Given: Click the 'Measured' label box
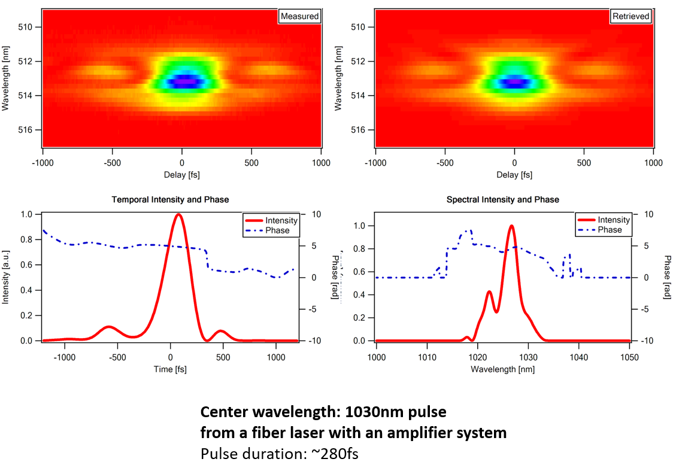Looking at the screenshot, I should click(x=299, y=16).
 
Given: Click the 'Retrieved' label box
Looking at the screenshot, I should click(x=631, y=16).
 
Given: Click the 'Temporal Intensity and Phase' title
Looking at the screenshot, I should click(x=170, y=200).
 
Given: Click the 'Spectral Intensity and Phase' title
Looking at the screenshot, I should click(x=503, y=200).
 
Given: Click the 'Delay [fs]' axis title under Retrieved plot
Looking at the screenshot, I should click(x=514, y=175).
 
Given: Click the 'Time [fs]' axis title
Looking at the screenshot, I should click(x=170, y=369).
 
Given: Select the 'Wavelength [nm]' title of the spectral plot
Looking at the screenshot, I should click(x=502, y=369).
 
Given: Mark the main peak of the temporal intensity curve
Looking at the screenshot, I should click(x=178, y=214).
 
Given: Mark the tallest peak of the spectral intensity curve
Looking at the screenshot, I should click(x=511, y=226).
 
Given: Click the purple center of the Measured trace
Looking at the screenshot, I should click(x=187, y=81).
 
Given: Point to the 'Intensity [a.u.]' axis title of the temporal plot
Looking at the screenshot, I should click(x=6, y=277).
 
